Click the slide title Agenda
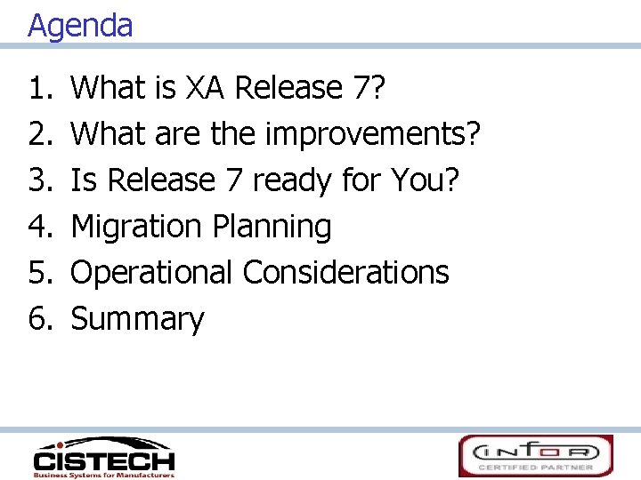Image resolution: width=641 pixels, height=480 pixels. [80, 25]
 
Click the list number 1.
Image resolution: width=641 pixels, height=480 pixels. [41, 88]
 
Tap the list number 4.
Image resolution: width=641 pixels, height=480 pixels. [41, 227]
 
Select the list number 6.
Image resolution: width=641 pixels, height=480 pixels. [41, 318]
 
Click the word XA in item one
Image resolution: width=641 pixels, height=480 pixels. [207, 88]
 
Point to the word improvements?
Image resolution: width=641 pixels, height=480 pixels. [374, 134]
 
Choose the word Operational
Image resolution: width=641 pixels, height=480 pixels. [150, 272]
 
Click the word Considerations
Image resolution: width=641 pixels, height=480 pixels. [346, 272]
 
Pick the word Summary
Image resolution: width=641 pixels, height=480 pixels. [137, 318]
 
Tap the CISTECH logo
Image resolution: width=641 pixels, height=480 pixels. [103, 456]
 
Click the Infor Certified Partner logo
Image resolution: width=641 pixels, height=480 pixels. [535, 455]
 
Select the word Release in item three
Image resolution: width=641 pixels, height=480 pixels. [162, 180]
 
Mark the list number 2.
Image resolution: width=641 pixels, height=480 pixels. [41, 134]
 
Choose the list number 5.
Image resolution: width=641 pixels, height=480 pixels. [41, 272]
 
